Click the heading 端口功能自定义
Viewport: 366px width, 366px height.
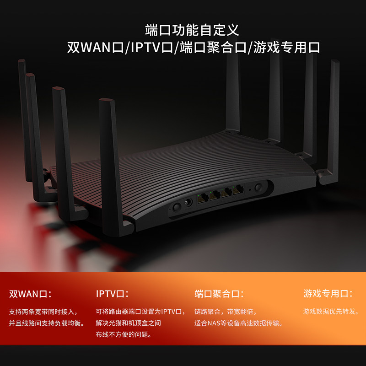click(x=192, y=30)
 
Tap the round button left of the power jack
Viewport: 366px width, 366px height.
click(x=176, y=207)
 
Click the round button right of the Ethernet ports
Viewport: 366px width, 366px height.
click(x=259, y=188)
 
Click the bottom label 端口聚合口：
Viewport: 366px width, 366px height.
click(x=219, y=294)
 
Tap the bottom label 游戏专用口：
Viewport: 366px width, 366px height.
click(x=328, y=294)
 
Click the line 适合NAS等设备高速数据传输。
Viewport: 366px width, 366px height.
click(x=238, y=323)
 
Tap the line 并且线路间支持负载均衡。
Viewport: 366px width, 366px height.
click(x=47, y=323)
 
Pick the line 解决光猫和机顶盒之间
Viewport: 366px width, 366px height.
click(x=129, y=323)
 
